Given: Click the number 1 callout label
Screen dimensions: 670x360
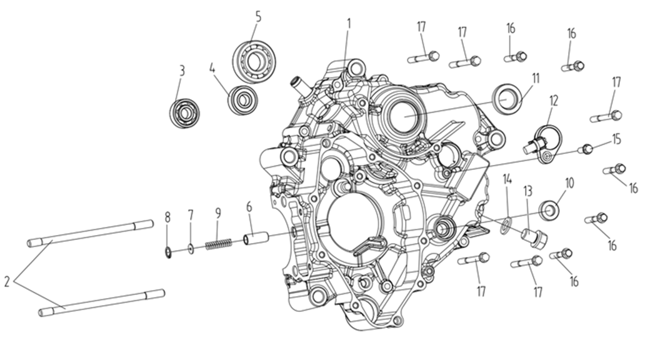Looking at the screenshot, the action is pos(349,24).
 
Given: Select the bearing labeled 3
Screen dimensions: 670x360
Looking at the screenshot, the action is pos(184,113).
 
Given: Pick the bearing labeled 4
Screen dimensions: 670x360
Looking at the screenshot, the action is pos(242,100).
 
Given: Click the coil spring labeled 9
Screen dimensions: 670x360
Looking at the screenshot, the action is pos(218,244).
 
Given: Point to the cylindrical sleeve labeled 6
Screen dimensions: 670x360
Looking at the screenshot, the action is pos(255,237).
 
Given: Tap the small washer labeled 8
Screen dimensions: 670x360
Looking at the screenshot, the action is pos(169,252).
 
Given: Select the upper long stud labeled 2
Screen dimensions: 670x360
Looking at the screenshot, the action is pos(90,233).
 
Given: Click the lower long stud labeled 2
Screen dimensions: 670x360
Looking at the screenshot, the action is pos(102,302).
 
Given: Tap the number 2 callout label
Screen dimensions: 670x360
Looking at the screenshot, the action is pos(7,282).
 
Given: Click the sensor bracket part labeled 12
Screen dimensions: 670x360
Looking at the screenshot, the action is pos(542,144).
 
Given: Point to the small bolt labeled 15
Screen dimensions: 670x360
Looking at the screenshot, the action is pos(586,149).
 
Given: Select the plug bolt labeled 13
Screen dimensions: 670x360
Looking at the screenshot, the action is pos(534,238).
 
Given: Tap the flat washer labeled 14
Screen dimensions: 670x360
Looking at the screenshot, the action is pos(506,226).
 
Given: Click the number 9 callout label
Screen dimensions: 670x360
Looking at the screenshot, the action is pos(218,213).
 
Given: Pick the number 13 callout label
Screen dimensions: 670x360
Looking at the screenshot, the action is pos(528,191).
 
